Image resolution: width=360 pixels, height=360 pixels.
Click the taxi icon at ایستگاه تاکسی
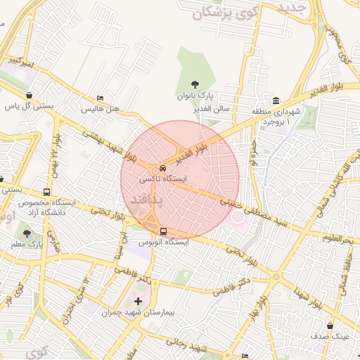(x=163, y=169)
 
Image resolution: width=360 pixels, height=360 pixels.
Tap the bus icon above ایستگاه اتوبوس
(x=163, y=231)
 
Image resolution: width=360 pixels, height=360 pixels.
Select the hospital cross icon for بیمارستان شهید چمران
(x=138, y=302)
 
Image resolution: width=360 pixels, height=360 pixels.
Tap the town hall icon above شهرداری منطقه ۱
(x=276, y=101)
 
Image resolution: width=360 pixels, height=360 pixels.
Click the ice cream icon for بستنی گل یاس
(x=29, y=96)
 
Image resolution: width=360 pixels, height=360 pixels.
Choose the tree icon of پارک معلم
(x=27, y=233)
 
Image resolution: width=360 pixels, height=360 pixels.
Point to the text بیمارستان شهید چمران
(x=139, y=312)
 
